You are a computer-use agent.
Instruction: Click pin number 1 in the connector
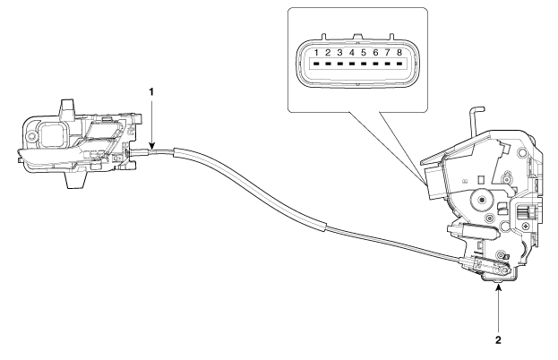click(x=316, y=53)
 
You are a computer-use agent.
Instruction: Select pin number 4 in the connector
click(x=352, y=53)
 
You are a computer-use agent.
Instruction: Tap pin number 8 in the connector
click(x=399, y=53)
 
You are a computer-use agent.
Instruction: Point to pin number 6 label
click(x=375, y=53)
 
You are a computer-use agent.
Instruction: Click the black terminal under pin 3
click(x=339, y=64)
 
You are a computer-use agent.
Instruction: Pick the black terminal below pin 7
click(x=388, y=64)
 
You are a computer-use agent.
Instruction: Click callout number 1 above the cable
click(x=151, y=91)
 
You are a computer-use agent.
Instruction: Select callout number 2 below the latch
click(x=498, y=340)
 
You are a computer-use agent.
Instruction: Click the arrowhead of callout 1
click(x=152, y=146)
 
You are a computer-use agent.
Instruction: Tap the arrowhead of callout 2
click(x=499, y=287)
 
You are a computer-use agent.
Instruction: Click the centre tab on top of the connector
click(x=357, y=36)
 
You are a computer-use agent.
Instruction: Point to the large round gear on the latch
click(x=481, y=201)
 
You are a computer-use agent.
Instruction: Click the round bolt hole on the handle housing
click(x=32, y=136)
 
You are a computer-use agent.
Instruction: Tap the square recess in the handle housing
click(x=52, y=134)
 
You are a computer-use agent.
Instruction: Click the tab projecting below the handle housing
click(x=76, y=179)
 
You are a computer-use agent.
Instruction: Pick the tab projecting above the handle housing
click(x=67, y=108)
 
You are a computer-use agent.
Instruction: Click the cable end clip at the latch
click(x=485, y=267)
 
